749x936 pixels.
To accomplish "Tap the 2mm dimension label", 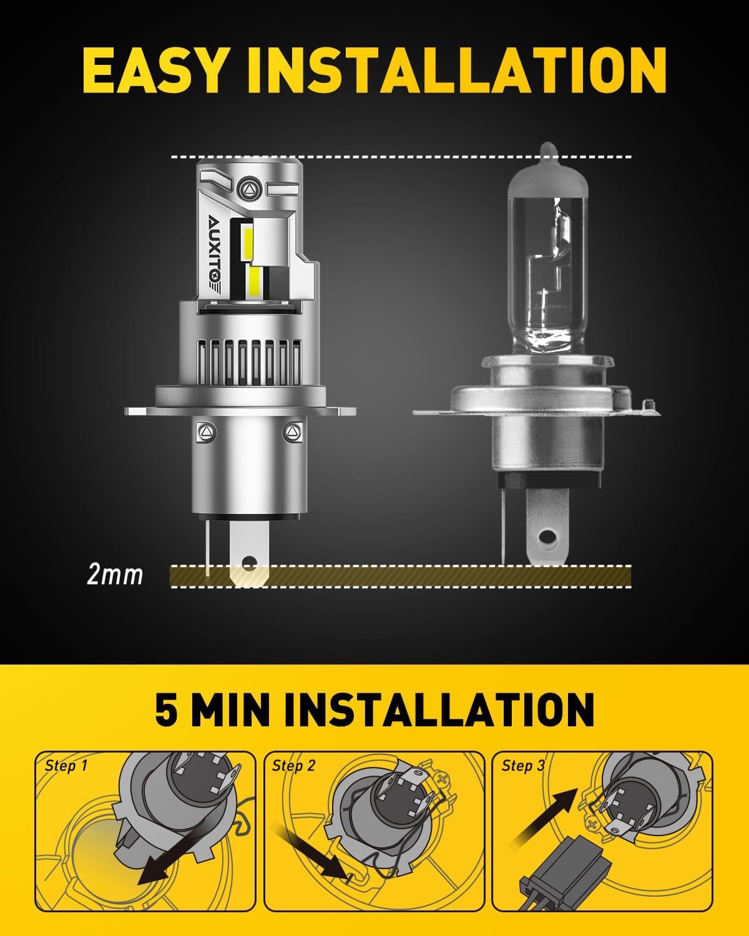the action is click(x=115, y=575).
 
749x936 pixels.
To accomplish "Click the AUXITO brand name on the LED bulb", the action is click(x=217, y=249).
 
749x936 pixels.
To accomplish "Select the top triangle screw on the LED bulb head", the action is click(x=250, y=190).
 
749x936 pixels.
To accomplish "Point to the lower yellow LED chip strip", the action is click(x=255, y=281).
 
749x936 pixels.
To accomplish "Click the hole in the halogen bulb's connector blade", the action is click(x=547, y=538).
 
